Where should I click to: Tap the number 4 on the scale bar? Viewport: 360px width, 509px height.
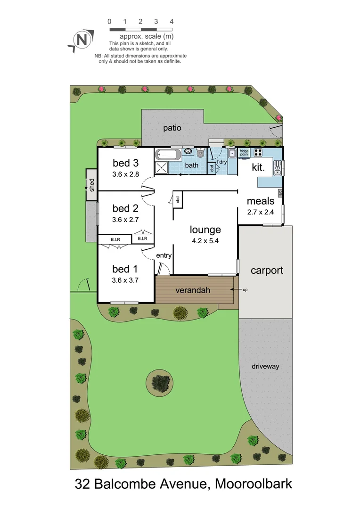(x=172, y=21)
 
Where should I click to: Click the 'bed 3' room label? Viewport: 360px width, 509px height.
(x=126, y=163)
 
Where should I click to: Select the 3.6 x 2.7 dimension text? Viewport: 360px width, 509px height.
(x=125, y=219)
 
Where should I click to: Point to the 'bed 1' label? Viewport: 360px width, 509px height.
(x=125, y=269)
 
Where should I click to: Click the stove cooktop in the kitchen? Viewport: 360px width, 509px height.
(x=258, y=152)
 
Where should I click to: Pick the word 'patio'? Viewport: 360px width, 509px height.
(x=172, y=127)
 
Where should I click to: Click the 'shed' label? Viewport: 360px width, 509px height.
(x=92, y=183)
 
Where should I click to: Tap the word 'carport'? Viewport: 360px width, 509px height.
(x=267, y=270)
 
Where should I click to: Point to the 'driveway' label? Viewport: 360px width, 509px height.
(x=265, y=366)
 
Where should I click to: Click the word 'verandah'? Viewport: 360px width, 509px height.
(x=192, y=290)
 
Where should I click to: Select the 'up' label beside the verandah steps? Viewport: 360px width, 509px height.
(x=245, y=289)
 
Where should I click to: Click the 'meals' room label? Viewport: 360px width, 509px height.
(x=261, y=201)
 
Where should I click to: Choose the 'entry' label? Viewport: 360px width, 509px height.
(x=164, y=255)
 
